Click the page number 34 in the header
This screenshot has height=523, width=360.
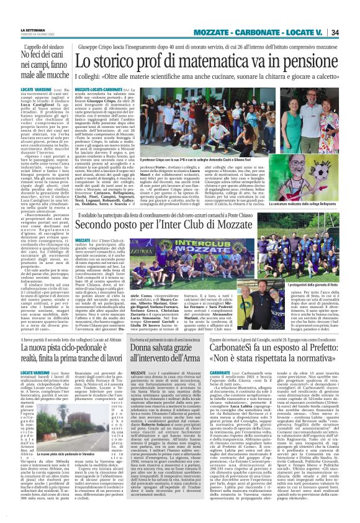(x=352, y=32)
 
